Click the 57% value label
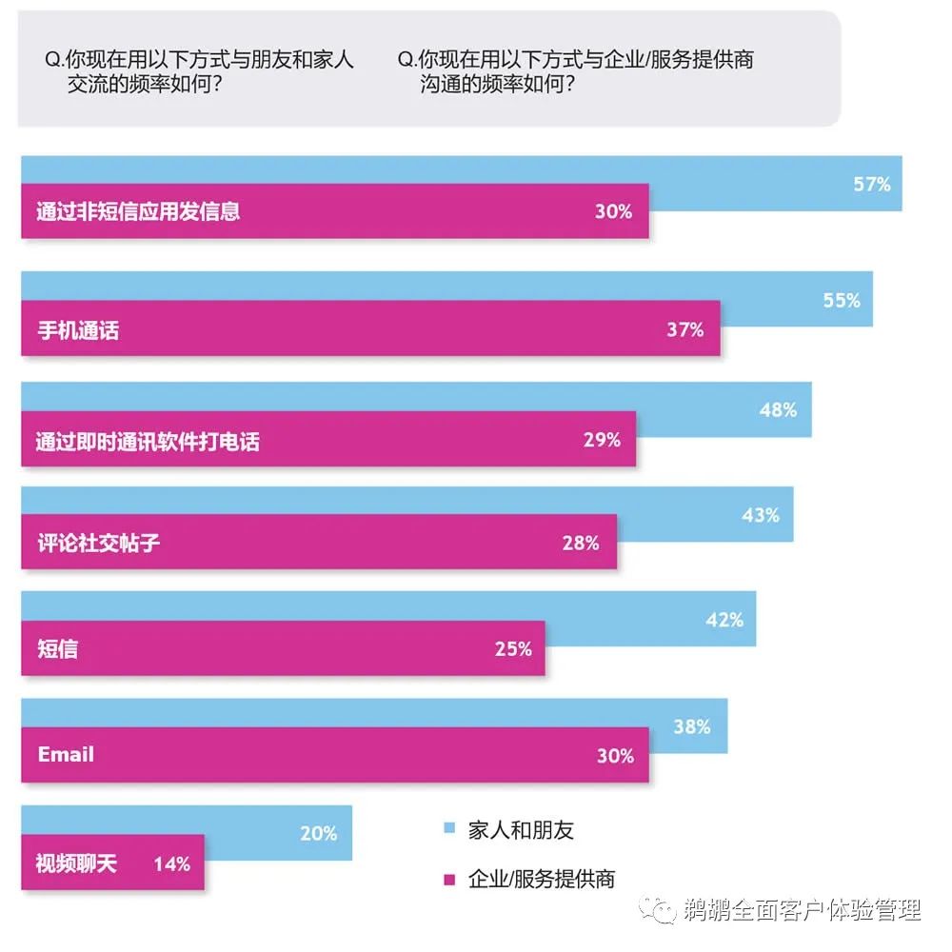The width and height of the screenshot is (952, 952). pos(871,184)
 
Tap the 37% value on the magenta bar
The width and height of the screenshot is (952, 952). pos(684,330)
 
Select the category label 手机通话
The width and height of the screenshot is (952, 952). pos(78,331)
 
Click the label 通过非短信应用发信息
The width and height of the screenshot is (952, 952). pos(138,211)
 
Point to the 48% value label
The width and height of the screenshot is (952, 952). pos(778,410)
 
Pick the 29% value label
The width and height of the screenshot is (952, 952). pos(602,440)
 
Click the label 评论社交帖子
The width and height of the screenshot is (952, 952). pos(98,544)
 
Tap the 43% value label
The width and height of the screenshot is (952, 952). pos(761,515)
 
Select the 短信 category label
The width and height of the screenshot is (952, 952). pos(57,649)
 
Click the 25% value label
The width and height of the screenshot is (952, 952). pos(513,649)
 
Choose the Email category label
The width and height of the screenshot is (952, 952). pos(66,755)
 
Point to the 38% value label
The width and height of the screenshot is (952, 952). pos(692,726)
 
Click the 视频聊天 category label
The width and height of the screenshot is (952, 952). pos(76,864)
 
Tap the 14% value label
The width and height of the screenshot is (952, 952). pos(172,864)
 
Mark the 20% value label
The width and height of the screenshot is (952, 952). pos(319,833)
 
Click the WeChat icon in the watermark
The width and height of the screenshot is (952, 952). pos(659,908)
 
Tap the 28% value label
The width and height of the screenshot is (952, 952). pos(581,544)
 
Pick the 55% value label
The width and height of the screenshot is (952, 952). pos(842,301)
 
